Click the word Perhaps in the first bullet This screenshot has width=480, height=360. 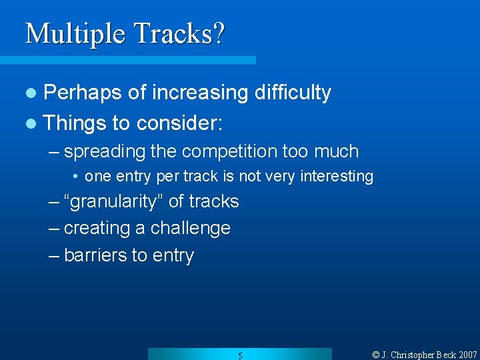tap(83, 93)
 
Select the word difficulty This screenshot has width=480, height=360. tap(293, 93)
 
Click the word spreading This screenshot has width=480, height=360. tap(105, 151)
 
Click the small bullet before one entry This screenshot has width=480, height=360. tap(77, 177)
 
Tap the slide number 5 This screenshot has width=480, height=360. tap(240, 355)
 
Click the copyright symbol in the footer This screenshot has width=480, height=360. tap(375, 355)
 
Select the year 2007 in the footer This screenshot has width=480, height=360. tap(467, 355)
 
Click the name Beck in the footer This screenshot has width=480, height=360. tap(443, 355)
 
